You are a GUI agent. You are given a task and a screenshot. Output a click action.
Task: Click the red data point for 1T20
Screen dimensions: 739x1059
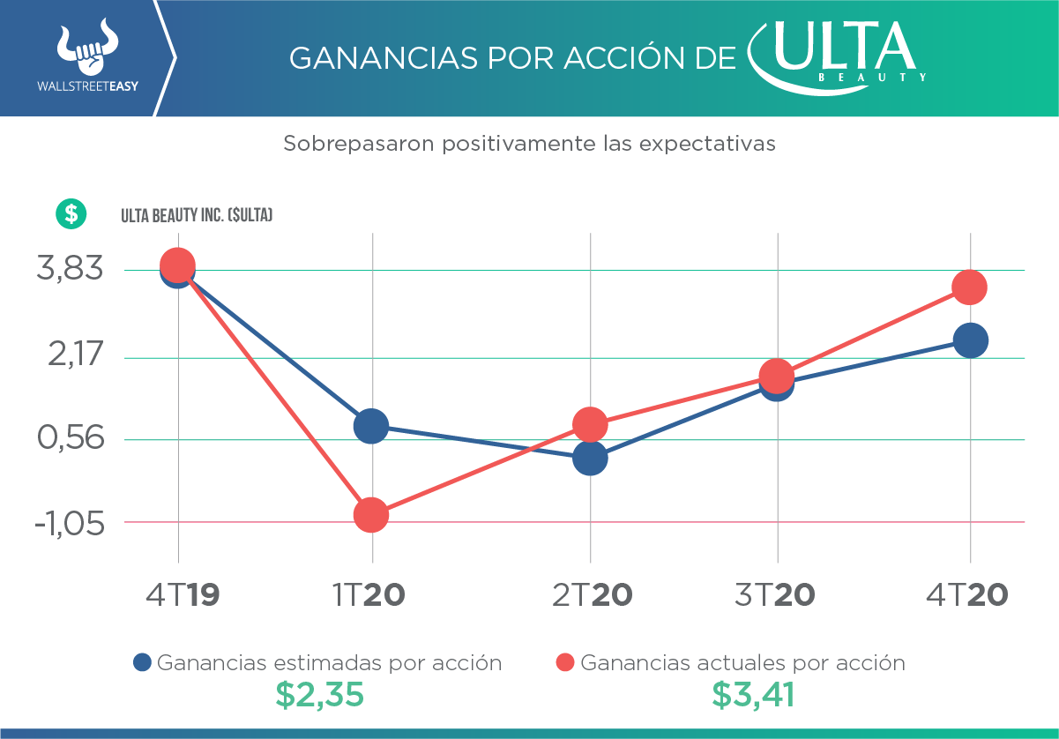[x=371, y=515]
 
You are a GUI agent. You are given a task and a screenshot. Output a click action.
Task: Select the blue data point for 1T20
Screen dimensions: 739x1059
[x=371, y=427]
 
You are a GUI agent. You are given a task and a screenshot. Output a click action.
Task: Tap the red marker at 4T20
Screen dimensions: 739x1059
[x=970, y=287]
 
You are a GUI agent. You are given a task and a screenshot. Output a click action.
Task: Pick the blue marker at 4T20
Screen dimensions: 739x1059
[x=970, y=340]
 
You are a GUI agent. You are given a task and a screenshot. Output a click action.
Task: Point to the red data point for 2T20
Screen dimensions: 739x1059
[x=590, y=425]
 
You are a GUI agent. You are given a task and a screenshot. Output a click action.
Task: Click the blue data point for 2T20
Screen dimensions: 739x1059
[x=590, y=458]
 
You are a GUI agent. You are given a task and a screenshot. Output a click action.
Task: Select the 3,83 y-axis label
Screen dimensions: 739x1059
[x=70, y=269]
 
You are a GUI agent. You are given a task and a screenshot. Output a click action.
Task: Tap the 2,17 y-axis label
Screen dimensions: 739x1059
[x=70, y=357]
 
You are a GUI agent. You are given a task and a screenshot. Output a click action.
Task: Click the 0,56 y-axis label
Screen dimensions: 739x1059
[x=70, y=438]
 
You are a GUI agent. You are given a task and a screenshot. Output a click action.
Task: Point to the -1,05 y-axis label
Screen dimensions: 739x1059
[x=70, y=523]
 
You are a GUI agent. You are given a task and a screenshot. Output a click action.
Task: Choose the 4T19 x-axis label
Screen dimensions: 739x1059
[x=183, y=595]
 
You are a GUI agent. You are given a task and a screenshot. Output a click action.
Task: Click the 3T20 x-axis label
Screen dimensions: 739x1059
[x=775, y=595]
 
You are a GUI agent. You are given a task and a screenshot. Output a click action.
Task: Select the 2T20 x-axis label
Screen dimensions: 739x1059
[x=593, y=595]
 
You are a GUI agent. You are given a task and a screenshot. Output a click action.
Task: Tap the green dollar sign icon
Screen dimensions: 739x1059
[x=71, y=213]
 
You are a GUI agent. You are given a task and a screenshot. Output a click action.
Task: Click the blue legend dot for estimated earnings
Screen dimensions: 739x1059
[x=143, y=662]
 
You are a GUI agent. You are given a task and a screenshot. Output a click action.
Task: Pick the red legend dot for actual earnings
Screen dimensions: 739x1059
[x=566, y=662]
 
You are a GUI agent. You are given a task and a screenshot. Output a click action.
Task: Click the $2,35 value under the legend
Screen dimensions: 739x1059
[x=319, y=695]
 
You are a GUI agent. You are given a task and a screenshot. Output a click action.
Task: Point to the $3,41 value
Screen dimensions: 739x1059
[x=753, y=695]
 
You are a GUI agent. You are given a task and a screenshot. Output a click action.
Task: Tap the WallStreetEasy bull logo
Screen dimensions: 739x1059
[x=86, y=50]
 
